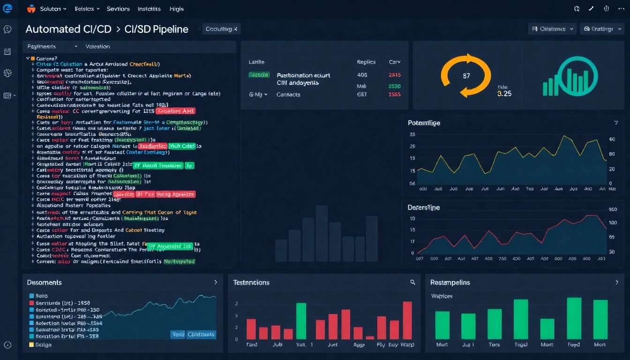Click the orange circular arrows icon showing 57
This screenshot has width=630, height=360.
[x=466, y=75]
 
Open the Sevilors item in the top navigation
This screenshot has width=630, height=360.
[x=118, y=9]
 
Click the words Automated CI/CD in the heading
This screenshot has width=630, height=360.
[x=68, y=29]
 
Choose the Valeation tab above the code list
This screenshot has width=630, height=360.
[x=97, y=46]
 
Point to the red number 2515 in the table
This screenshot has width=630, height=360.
[x=395, y=75]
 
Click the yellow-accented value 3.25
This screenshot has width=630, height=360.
[x=504, y=94]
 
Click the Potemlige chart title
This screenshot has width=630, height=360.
[x=424, y=123]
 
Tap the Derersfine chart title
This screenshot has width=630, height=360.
[x=424, y=207]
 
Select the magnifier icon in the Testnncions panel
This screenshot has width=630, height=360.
[x=412, y=282]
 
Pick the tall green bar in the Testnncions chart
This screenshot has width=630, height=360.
[x=301, y=321]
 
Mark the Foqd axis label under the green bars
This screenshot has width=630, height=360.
[x=573, y=345]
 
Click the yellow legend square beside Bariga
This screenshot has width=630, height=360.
[x=31, y=345]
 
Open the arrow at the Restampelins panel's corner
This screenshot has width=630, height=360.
[x=616, y=282]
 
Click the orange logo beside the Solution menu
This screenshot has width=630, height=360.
[x=31, y=8]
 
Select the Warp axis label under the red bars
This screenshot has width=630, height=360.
[x=407, y=345]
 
